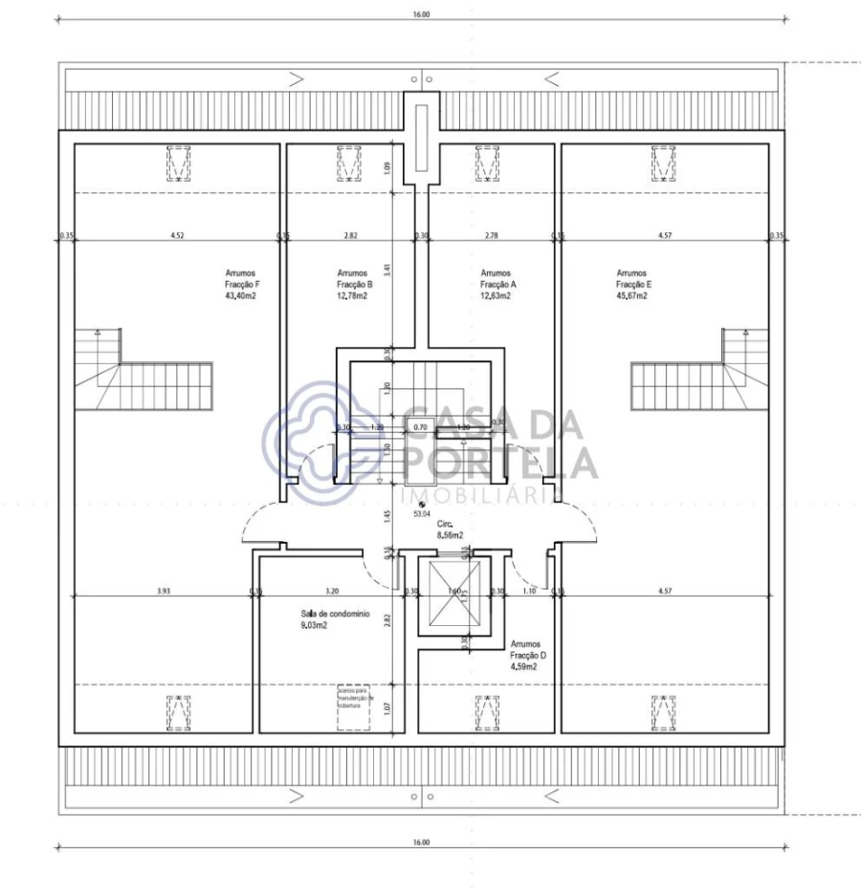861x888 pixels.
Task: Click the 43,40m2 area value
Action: [x=240, y=296]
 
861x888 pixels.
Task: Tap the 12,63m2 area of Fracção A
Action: [x=496, y=296]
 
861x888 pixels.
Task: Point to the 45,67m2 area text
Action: [x=631, y=296]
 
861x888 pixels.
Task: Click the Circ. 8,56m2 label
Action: [x=450, y=531]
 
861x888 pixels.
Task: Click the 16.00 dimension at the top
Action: [x=422, y=14]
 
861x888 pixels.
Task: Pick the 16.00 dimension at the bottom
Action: [x=422, y=842]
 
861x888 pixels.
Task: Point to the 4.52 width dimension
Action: [x=177, y=234]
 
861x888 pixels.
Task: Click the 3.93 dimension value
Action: [x=164, y=591]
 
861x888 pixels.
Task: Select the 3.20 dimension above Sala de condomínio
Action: [x=332, y=591]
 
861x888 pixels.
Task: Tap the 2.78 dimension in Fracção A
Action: [x=491, y=234]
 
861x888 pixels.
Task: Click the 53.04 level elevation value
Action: [x=422, y=513]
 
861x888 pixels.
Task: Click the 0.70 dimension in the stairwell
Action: [x=420, y=427]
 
